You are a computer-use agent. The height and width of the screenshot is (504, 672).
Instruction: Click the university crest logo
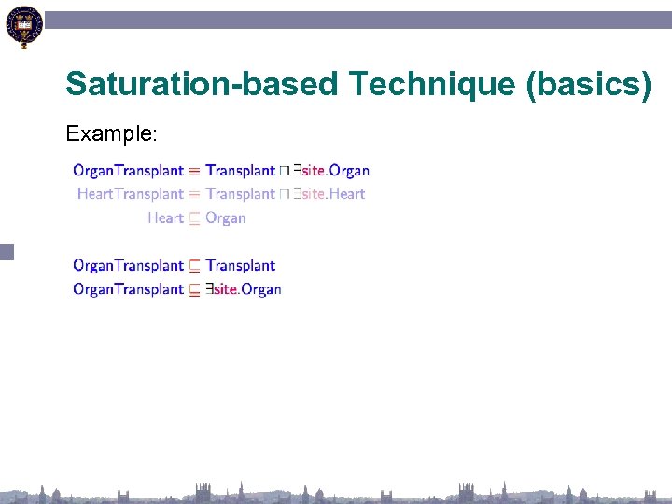23,27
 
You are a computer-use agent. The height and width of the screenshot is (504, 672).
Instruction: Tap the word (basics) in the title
589,84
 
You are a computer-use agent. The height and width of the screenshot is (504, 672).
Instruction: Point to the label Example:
111,134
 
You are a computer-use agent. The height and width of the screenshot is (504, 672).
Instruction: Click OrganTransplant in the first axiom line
128,171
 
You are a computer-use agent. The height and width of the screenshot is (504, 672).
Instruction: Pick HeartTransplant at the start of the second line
130,194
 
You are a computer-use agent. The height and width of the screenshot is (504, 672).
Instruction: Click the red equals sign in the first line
194,171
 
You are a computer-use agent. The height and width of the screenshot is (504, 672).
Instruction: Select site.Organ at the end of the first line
335,171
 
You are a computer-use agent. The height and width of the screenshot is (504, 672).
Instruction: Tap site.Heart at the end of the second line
333,194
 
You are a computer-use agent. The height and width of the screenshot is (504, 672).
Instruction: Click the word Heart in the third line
165,218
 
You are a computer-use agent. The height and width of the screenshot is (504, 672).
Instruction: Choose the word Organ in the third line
225,218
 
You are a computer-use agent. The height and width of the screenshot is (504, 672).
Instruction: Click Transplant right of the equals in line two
240,194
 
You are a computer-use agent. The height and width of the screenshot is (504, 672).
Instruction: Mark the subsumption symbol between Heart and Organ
194,218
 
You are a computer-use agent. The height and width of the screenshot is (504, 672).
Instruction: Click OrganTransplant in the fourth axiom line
128,266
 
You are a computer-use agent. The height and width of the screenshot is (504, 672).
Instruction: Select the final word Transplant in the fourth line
240,266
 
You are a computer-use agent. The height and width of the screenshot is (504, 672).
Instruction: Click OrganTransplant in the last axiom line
128,289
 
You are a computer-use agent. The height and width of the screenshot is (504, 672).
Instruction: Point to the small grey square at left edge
7,251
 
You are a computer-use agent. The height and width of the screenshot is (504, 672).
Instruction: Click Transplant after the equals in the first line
240,171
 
